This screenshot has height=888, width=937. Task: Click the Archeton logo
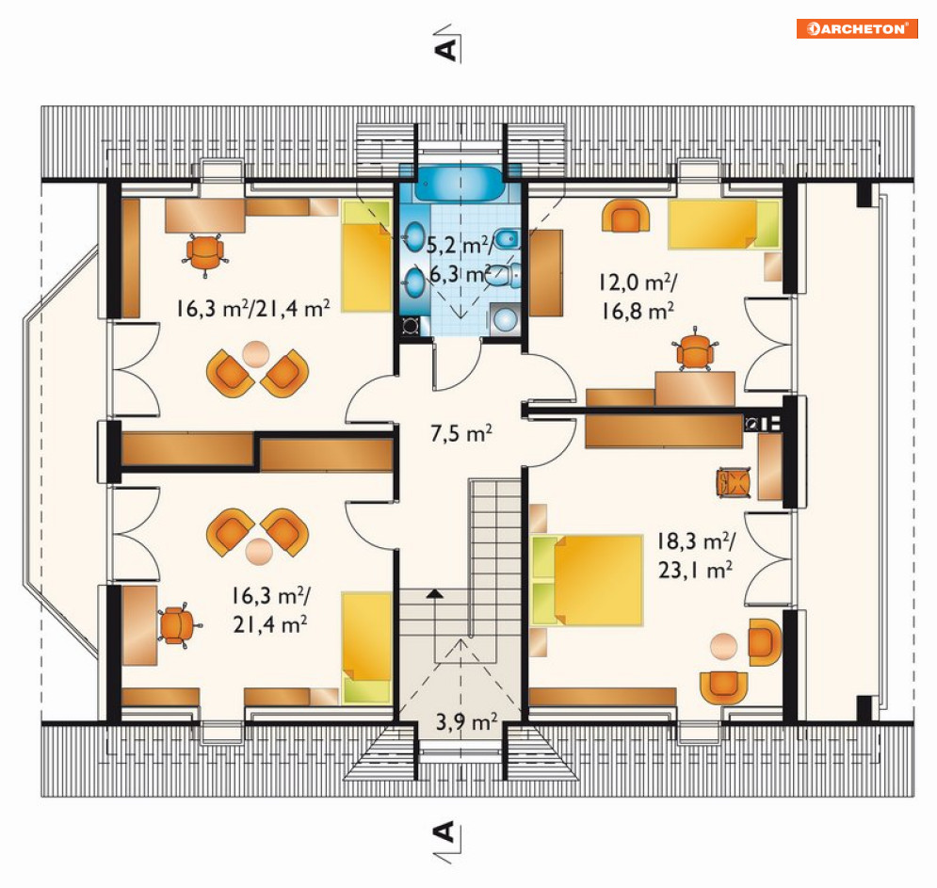tap(857, 28)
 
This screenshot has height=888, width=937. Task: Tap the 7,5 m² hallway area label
tap(461, 432)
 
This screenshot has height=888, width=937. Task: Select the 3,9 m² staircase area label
tap(466, 722)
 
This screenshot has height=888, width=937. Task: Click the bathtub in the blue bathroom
tap(460, 183)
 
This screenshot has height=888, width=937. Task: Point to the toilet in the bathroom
tap(502, 276)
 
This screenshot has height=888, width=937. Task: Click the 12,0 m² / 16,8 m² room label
tap(638, 297)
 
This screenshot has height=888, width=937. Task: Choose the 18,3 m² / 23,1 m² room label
tap(696, 556)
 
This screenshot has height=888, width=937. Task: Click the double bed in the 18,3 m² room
tap(587, 580)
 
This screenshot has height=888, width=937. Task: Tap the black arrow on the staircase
tap(435, 594)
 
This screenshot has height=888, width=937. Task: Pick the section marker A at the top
tap(446, 49)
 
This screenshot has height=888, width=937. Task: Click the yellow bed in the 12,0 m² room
tap(724, 224)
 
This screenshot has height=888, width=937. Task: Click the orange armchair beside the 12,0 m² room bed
tap(625, 217)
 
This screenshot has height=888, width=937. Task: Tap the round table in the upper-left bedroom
tap(256, 354)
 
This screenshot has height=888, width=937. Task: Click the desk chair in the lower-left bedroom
tap(176, 625)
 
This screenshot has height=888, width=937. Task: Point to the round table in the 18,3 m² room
tap(723, 646)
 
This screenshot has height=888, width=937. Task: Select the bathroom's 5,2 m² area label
tap(460, 245)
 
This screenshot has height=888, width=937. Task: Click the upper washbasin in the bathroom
tap(413, 235)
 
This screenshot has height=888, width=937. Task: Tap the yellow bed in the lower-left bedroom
tap(366, 647)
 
